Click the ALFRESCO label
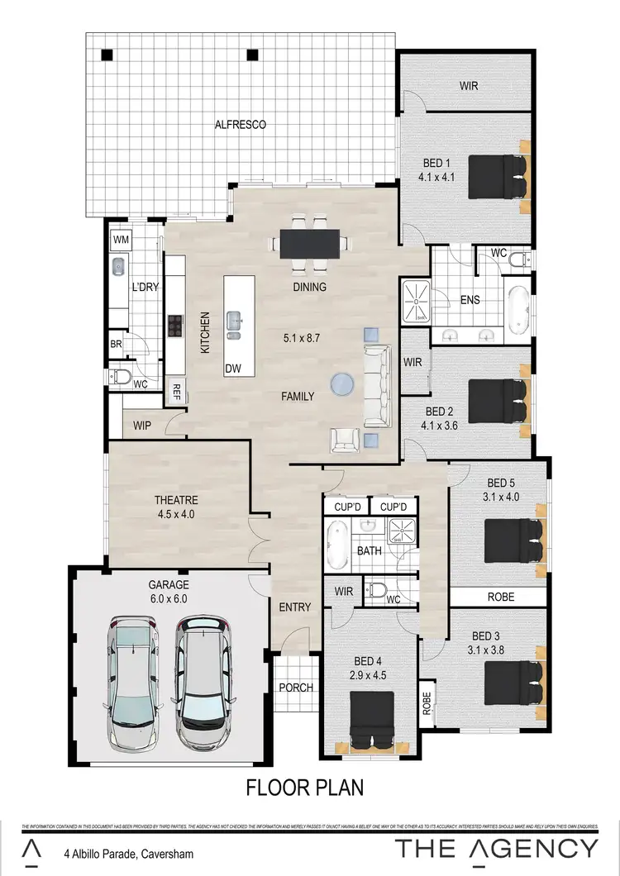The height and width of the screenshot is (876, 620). [240, 125]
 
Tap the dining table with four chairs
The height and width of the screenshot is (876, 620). [309, 243]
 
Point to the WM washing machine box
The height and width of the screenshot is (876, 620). [121, 240]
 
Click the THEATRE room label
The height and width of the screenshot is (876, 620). [177, 500]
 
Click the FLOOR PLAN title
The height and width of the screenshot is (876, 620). [305, 788]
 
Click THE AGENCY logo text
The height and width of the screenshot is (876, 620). [496, 849]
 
